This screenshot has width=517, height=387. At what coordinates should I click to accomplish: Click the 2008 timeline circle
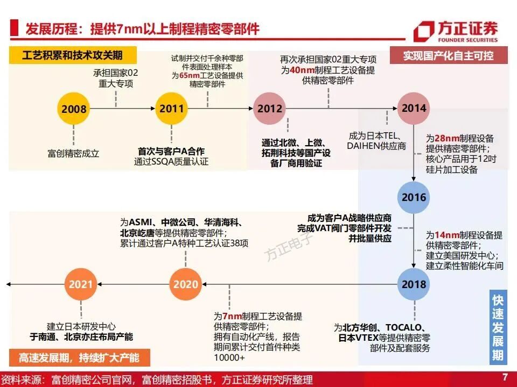(x=74, y=109)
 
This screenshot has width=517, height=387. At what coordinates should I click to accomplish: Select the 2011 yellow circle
(x=171, y=108)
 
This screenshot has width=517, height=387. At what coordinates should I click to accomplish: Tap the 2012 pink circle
(x=269, y=109)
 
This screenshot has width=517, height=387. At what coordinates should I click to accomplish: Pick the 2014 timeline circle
(x=413, y=108)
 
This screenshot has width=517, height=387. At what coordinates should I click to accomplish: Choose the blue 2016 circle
(x=413, y=197)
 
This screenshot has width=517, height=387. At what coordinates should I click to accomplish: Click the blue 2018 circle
(x=413, y=284)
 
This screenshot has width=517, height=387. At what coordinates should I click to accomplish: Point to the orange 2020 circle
(x=186, y=284)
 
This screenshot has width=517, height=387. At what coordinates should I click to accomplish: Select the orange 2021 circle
(x=81, y=284)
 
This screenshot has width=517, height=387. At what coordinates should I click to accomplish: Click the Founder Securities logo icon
(x=424, y=31)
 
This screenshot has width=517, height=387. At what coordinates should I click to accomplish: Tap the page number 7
(x=505, y=377)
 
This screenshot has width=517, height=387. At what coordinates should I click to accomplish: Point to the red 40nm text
(x=300, y=70)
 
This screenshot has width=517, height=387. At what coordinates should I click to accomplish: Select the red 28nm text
(x=443, y=139)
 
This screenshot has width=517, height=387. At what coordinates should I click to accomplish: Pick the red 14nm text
(x=443, y=235)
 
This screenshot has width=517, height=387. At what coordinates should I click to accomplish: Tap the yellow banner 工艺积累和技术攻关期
(x=73, y=55)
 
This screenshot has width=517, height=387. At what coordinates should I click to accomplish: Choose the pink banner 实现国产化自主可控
(x=448, y=55)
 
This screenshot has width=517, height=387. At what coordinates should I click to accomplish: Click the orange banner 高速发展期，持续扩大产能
(x=79, y=357)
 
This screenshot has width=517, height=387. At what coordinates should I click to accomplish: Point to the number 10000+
(x=229, y=357)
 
